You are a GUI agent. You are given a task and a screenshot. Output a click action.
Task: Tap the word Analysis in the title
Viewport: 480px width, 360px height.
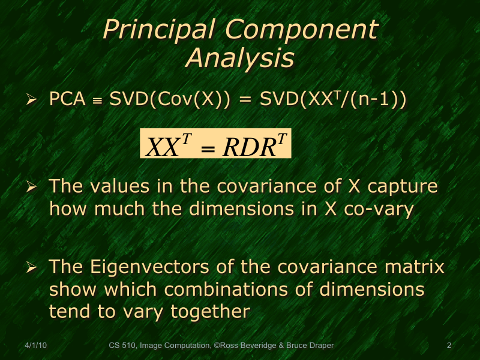[x=239, y=58]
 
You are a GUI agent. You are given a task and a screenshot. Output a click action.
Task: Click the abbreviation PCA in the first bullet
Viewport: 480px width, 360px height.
[x=67, y=100]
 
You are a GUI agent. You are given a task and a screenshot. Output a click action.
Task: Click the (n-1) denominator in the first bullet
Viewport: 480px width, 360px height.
[x=381, y=100]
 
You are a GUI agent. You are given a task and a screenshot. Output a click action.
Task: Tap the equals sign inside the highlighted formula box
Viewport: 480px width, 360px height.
[x=206, y=147]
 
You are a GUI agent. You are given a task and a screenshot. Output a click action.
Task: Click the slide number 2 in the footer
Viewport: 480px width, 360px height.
[x=449, y=345]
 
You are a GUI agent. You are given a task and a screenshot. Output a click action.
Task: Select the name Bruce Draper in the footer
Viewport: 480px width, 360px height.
[x=311, y=345]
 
